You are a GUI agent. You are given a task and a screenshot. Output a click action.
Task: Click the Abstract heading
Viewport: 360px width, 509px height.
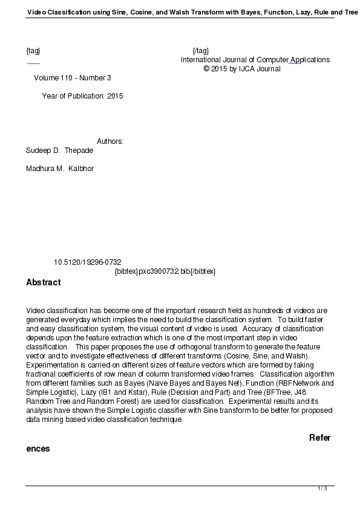click(43, 282)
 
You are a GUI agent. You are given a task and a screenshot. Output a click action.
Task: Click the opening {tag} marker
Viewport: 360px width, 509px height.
click(33, 51)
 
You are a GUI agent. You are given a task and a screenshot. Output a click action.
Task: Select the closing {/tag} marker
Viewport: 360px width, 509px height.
click(200, 51)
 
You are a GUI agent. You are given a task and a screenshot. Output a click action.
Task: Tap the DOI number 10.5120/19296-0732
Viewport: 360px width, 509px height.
click(87, 262)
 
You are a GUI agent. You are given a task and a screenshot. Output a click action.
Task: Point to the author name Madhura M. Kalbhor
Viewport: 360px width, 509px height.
click(59, 168)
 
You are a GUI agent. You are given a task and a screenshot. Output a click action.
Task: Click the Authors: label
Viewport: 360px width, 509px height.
click(110, 141)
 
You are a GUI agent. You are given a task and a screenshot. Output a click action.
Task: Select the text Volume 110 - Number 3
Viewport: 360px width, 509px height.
click(73, 78)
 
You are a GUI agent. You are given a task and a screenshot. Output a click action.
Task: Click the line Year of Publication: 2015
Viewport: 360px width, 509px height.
click(82, 96)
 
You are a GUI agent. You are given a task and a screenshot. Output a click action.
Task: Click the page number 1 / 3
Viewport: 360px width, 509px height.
click(322, 488)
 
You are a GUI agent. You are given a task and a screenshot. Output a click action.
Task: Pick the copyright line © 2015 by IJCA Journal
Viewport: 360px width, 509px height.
click(242, 69)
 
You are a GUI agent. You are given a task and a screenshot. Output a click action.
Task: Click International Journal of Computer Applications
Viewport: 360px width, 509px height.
click(255, 60)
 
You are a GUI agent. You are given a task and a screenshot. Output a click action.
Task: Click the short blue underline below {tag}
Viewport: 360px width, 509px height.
click(33, 63)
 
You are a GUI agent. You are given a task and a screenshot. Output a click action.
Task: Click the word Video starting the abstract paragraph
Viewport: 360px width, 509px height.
click(36, 311)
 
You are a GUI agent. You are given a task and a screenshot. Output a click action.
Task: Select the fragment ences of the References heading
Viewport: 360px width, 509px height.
click(38, 449)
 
